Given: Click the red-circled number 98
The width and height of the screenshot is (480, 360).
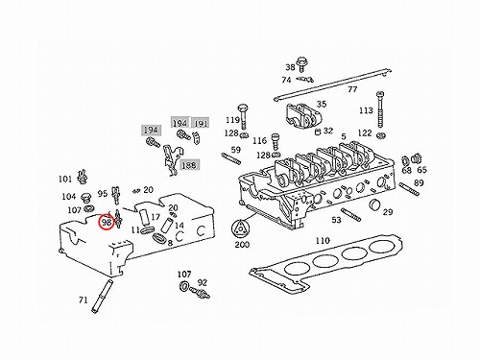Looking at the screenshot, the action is pyautogui.click(x=107, y=222).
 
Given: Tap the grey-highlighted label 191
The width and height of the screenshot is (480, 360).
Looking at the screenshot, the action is pyautogui.click(x=201, y=123).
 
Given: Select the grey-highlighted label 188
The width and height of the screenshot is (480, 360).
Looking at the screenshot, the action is pyautogui.click(x=189, y=165).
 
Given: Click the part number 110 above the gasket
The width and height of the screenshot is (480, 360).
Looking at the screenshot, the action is pyautogui.click(x=323, y=240).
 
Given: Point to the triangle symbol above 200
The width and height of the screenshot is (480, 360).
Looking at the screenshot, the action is pyautogui.click(x=240, y=229).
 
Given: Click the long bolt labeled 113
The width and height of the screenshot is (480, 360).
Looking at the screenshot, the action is pyautogui.click(x=380, y=109).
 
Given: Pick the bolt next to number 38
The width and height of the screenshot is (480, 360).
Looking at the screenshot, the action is pyautogui.click(x=301, y=65).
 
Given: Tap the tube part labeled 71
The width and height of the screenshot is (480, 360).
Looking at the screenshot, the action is pyautogui.click(x=102, y=296).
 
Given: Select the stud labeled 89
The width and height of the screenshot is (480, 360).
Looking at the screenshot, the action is pyautogui.click(x=409, y=188).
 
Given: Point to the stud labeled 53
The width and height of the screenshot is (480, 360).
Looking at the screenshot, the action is pyautogui.click(x=350, y=215).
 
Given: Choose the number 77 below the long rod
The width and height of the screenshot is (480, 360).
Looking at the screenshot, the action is pyautogui.click(x=352, y=89).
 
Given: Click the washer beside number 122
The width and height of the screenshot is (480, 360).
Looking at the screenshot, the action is pyautogui.click(x=381, y=135).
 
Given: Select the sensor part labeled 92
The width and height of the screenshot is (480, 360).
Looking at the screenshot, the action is pyautogui.click(x=200, y=292).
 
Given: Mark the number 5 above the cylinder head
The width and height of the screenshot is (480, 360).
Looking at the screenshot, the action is pyautogui.click(x=344, y=136).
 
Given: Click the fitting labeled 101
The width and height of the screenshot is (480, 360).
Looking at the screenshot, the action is pyautogui.click(x=83, y=177).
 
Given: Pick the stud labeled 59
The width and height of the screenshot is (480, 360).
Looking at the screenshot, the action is pyautogui.click(x=230, y=159).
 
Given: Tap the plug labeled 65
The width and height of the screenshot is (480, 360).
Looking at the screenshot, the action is pyautogui.click(x=417, y=158).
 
